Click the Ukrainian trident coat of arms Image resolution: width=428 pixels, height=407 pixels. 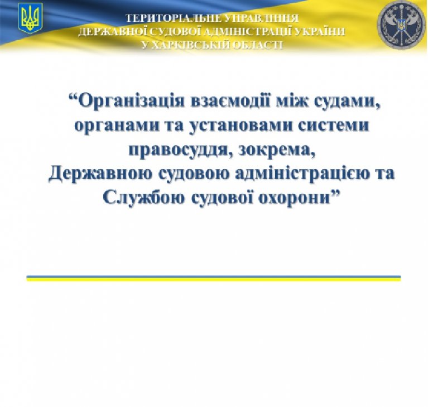click(x=30, y=18)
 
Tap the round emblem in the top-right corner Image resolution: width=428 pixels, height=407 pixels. click(x=401, y=26)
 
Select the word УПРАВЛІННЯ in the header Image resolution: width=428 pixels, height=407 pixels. click(x=263, y=18)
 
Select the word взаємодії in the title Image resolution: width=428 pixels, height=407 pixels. click(x=232, y=100)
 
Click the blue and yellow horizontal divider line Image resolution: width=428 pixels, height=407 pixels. click(x=214, y=279)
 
